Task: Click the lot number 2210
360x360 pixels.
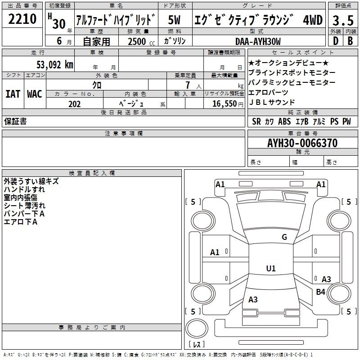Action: (x=22, y=18)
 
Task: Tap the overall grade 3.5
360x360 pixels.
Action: (x=343, y=21)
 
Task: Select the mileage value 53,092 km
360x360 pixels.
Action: (x=55, y=65)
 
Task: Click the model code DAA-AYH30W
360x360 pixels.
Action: (x=258, y=41)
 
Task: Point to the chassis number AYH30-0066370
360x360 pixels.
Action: (x=302, y=143)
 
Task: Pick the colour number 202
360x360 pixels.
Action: (x=74, y=104)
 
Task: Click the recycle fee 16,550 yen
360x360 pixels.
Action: (x=228, y=104)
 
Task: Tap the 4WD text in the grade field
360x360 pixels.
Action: (x=313, y=20)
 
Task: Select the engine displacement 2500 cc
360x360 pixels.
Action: (x=141, y=41)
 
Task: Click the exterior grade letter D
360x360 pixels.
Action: (x=336, y=41)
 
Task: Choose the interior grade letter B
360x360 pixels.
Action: (x=350, y=41)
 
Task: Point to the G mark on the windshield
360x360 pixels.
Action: (x=284, y=237)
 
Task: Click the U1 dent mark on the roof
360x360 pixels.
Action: (x=271, y=268)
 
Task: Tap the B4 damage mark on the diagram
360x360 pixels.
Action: (x=320, y=292)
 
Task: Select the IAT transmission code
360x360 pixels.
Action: (x=13, y=94)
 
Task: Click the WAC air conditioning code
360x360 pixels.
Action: (x=35, y=94)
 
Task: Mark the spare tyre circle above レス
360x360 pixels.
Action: (x=197, y=328)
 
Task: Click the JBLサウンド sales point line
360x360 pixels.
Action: (x=272, y=102)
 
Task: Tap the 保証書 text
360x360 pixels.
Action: (x=15, y=121)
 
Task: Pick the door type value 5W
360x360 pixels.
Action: (x=174, y=20)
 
